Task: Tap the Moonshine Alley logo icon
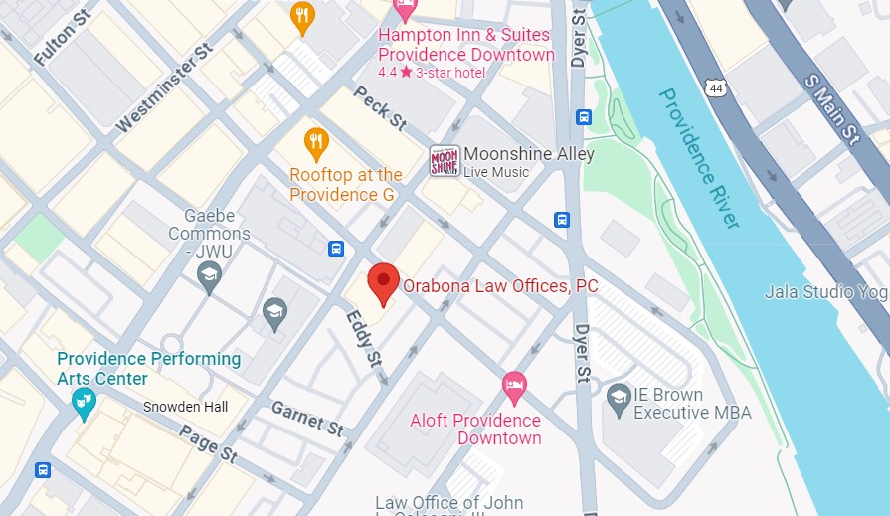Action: click(444, 161)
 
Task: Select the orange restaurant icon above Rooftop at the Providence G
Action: click(316, 145)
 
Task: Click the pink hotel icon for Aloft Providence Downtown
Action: click(513, 387)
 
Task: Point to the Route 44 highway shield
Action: click(716, 88)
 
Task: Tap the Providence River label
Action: click(699, 157)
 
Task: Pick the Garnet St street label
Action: click(307, 420)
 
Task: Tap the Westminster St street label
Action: click(165, 88)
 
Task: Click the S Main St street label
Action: click(832, 103)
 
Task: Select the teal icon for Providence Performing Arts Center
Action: click(84, 401)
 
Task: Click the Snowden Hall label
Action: click(185, 407)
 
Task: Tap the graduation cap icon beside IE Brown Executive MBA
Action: click(619, 397)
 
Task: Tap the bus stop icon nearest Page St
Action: click(43, 470)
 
